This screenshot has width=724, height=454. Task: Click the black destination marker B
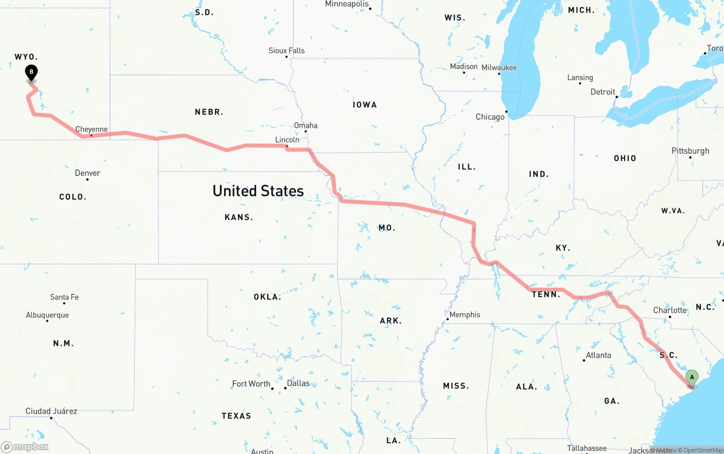[x=32, y=72]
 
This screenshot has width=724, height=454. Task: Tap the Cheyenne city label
[x=91, y=129]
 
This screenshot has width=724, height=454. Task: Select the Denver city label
[x=88, y=173]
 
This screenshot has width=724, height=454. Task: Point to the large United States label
[x=258, y=191]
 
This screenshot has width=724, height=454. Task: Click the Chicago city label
[x=490, y=117]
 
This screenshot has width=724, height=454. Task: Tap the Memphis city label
[x=464, y=314]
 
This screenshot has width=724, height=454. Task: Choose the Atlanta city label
[x=598, y=355]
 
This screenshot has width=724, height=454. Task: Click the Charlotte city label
[x=670, y=310]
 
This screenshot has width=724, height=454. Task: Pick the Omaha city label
[x=305, y=126]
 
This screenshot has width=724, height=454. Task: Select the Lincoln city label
[x=287, y=140]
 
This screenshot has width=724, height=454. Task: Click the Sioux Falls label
[x=286, y=51]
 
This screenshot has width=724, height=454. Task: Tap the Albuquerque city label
[x=48, y=315]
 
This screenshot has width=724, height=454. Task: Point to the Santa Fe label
[x=64, y=297]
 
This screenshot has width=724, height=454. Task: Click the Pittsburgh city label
[x=690, y=151]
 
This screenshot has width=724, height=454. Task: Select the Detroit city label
[x=602, y=92]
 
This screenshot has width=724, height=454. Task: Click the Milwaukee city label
[x=499, y=67]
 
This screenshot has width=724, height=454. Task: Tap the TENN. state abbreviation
[x=546, y=294]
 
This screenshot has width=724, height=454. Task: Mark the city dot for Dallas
[x=285, y=388]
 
